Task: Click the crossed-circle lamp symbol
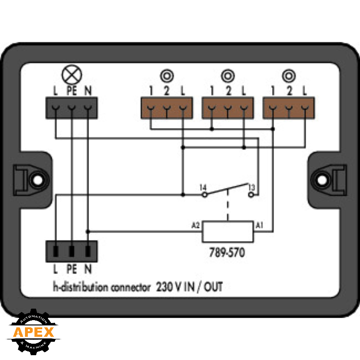pos(72,75)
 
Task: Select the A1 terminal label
pos(259,225)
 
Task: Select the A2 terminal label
pos(195,225)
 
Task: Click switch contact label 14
pos(203,186)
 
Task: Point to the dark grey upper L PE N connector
pos(72,108)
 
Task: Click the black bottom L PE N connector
pos(72,251)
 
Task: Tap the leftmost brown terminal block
pos(167,108)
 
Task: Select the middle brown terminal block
pos(228,108)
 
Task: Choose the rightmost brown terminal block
pos(288,108)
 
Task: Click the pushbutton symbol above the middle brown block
pos(228,76)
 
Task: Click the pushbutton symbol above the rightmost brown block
pos(288,76)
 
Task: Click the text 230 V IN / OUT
pos(189,288)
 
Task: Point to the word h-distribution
pos(80,288)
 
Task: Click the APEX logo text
pos(33,332)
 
